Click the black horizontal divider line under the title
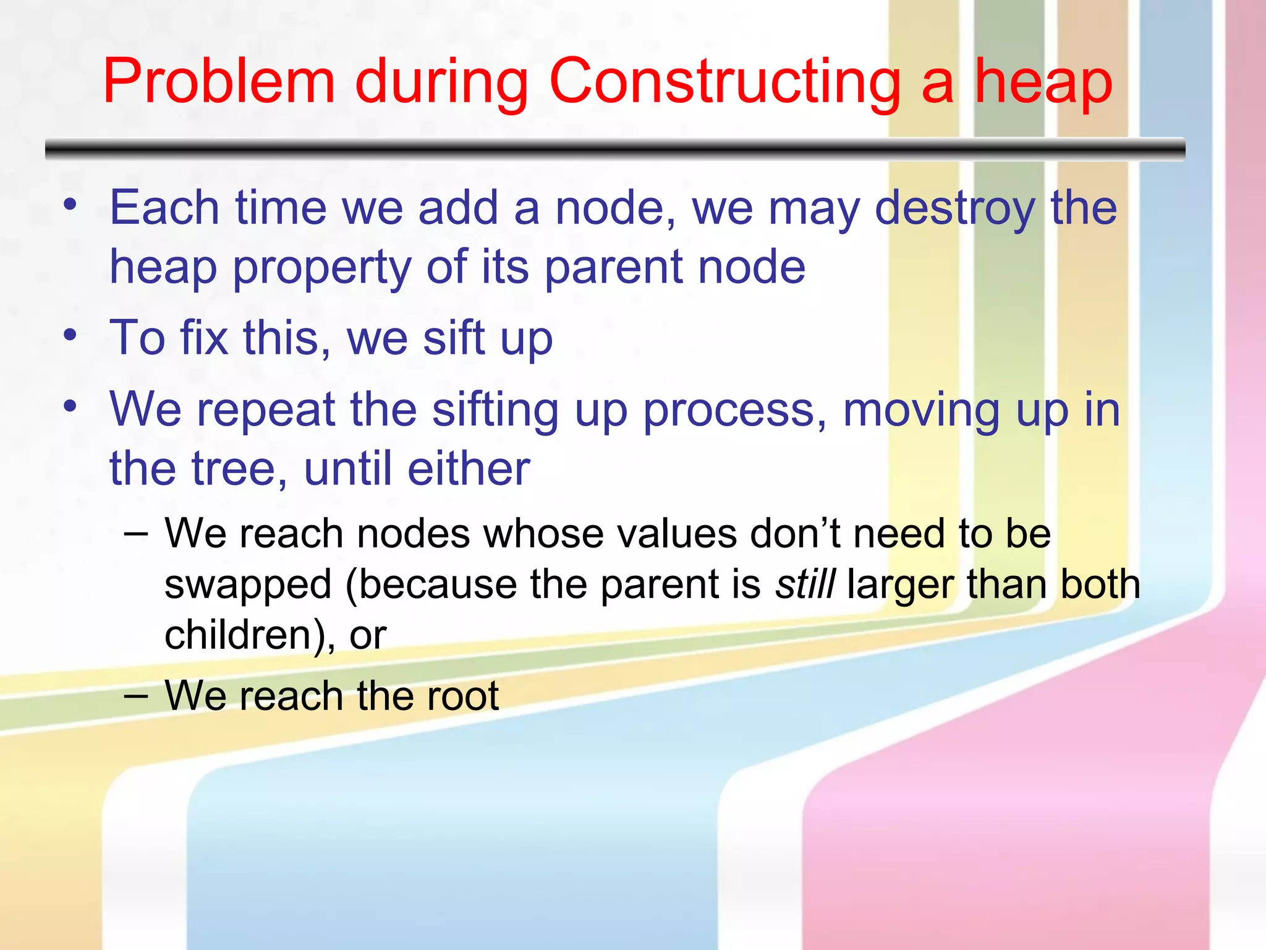tap(615, 149)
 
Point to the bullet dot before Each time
tap(70, 203)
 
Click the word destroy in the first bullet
tap(954, 209)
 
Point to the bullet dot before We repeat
tap(70, 406)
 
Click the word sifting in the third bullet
tap(495, 410)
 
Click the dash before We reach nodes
tap(135, 533)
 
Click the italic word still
tap(805, 584)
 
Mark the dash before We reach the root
tap(135, 695)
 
